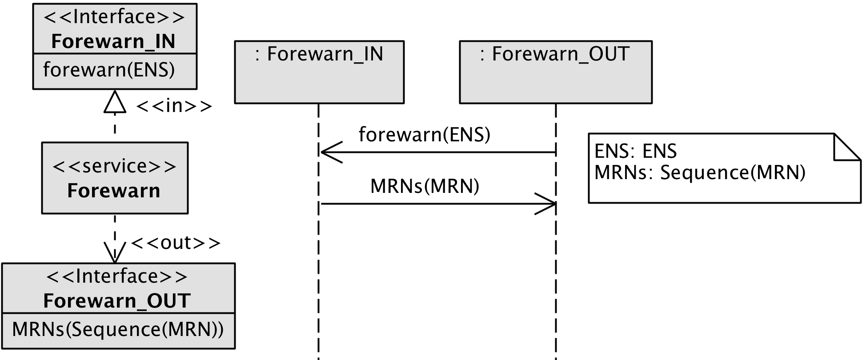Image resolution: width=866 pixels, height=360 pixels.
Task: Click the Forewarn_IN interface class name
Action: tap(113, 41)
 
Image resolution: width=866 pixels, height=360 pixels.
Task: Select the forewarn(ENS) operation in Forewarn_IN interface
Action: tap(109, 70)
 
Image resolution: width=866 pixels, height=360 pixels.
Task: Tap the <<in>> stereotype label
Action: tap(174, 106)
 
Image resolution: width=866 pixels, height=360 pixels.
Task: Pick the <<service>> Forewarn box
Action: tap(115, 178)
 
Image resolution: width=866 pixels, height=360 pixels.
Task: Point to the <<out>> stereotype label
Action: tap(176, 243)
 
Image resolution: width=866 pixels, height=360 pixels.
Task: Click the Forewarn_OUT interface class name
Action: tap(117, 301)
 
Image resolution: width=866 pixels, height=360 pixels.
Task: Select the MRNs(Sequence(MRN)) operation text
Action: tap(118, 329)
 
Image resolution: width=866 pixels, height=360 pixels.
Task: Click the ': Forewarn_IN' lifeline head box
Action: tap(319, 72)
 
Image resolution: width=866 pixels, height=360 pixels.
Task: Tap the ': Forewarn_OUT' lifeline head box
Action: tap(556, 72)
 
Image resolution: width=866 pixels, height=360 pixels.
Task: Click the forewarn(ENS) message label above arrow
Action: tap(425, 134)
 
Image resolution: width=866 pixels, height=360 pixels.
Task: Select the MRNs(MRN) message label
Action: tap(425, 186)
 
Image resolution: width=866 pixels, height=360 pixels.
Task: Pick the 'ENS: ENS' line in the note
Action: tap(635, 151)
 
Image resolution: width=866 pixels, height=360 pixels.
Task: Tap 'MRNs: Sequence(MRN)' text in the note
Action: tap(700, 172)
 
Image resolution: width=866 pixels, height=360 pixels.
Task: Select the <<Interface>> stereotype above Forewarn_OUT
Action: tap(117, 276)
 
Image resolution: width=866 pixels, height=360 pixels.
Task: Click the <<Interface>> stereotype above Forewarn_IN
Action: tap(114, 17)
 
